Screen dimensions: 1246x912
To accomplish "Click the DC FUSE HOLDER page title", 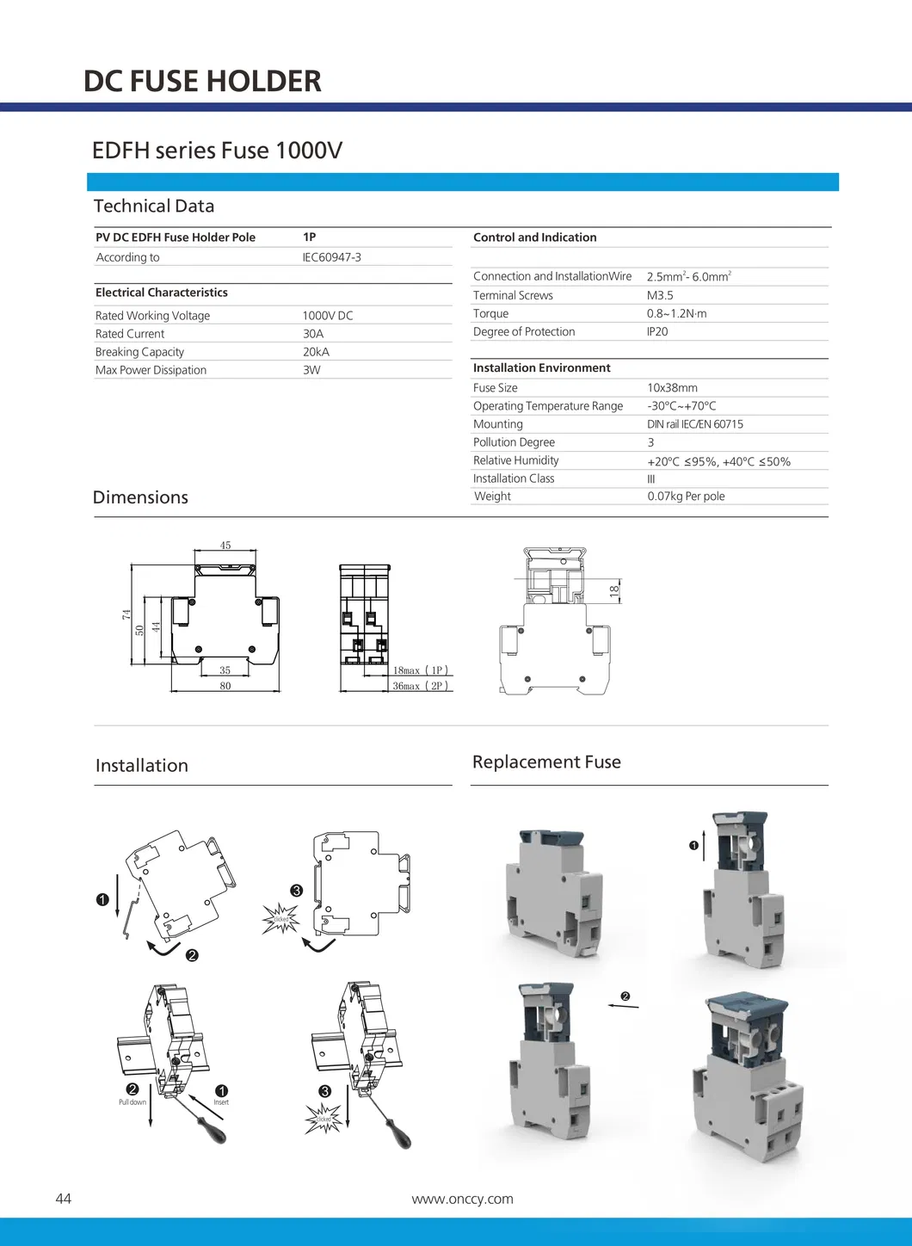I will (202, 81).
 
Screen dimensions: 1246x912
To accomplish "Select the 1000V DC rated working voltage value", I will (328, 316).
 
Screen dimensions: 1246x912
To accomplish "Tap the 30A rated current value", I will (313, 334).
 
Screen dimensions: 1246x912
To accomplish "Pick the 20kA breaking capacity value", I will (316, 352).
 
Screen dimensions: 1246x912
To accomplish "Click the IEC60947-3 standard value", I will (331, 257).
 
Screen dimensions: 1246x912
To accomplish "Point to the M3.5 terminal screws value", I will (660, 295).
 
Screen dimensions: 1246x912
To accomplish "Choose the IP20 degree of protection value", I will (657, 331).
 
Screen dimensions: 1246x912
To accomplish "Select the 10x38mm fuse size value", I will (672, 388).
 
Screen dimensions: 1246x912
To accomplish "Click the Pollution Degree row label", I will (514, 442).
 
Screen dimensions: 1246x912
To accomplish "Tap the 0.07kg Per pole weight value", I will (686, 497).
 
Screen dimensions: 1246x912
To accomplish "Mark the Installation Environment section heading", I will (541, 367).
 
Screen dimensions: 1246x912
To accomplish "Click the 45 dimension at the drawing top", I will (225, 546).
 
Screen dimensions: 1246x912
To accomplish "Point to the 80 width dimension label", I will (225, 686).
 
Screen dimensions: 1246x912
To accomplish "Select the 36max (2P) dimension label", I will (420, 686).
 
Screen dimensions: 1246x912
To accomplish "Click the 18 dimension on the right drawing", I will (614, 590).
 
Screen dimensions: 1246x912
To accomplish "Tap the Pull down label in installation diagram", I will (132, 1102).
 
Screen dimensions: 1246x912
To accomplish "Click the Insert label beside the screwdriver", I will (221, 1102).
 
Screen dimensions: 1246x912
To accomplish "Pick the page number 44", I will (64, 1199).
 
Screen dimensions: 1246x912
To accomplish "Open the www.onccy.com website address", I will (462, 1199).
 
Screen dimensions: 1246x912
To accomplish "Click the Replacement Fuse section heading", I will (546, 762).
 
